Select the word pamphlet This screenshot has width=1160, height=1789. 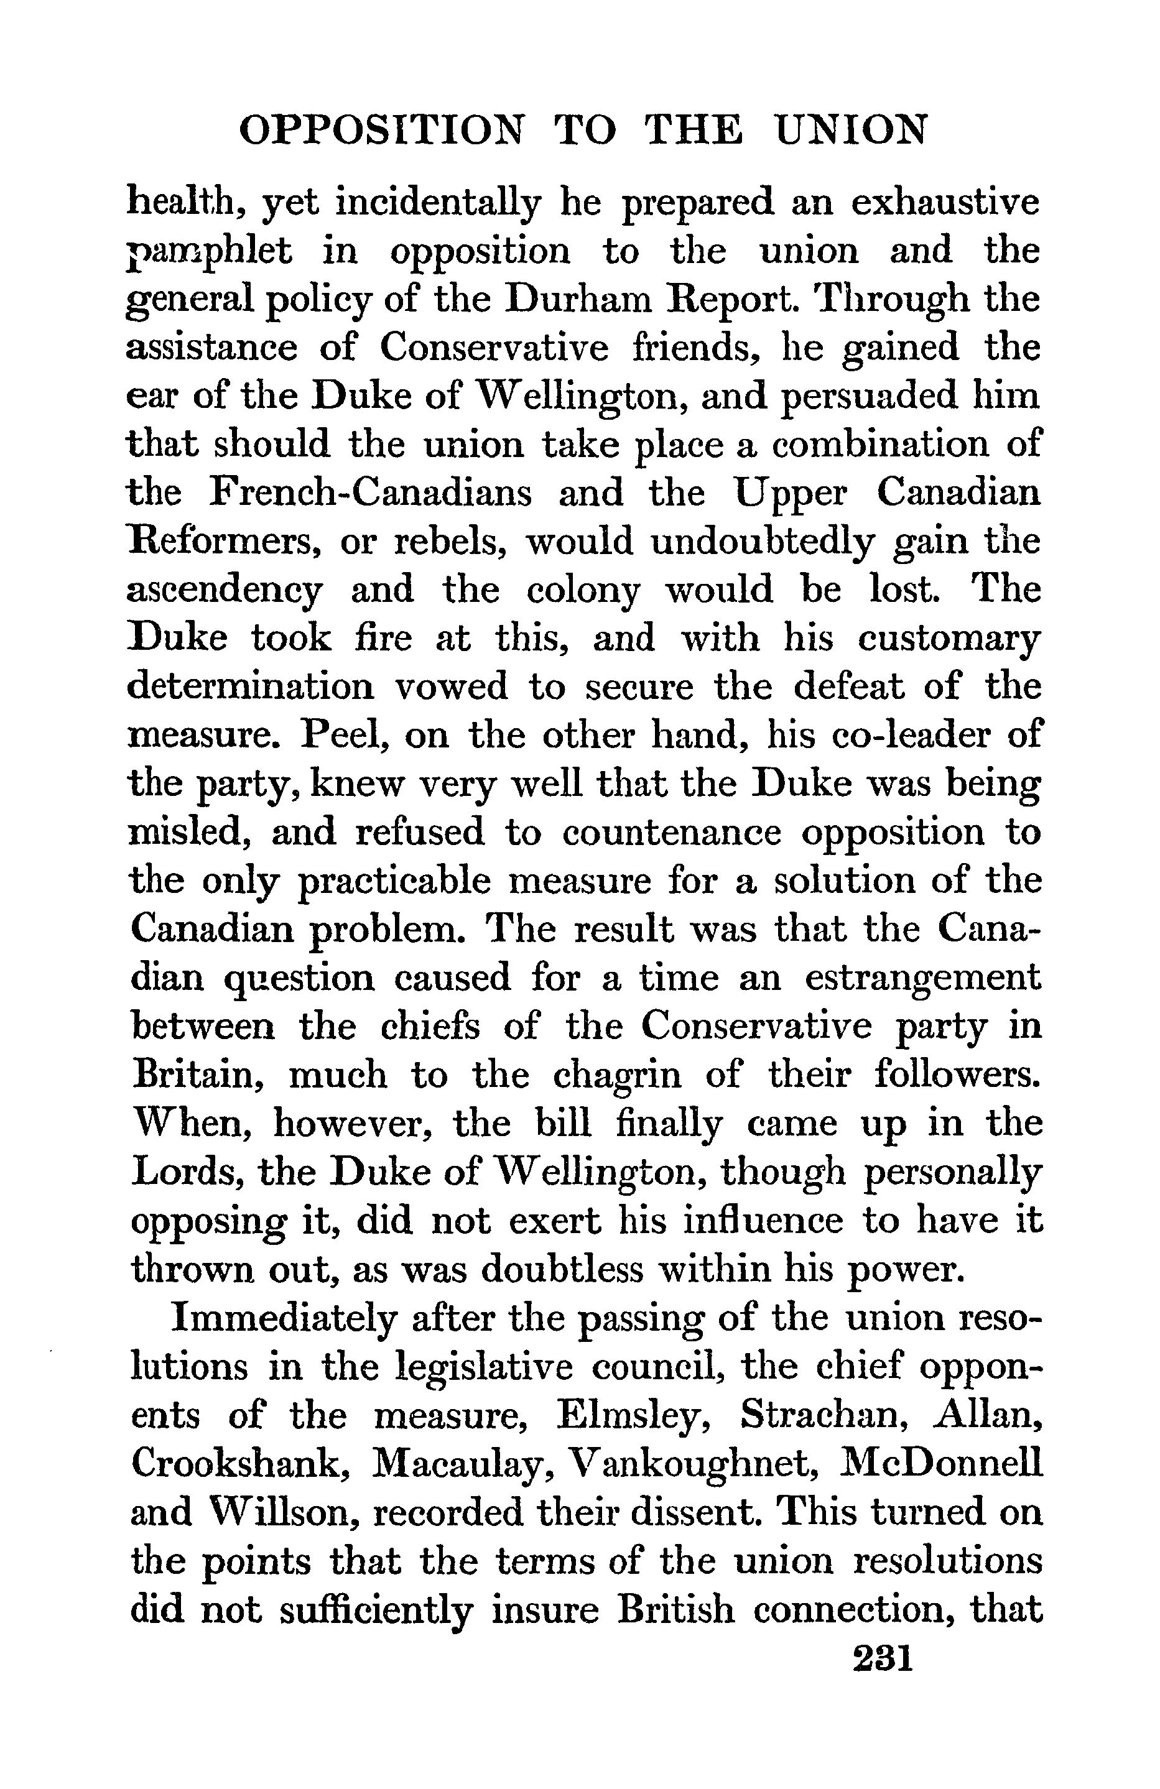point(210,252)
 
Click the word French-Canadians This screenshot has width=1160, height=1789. point(369,493)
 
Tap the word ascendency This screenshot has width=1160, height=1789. point(224,591)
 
